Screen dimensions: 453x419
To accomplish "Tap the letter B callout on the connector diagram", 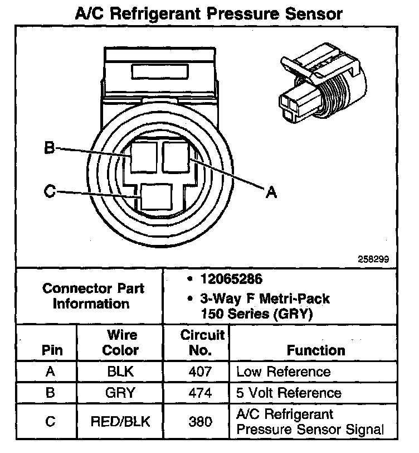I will (x=49, y=148).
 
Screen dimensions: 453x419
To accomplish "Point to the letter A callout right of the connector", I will (x=271, y=192).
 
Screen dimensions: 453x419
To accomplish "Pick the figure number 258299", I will (x=374, y=259).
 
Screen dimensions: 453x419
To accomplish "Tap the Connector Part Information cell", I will (x=93, y=296).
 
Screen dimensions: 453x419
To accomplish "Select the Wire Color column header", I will (x=121, y=343).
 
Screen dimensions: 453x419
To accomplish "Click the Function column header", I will (x=316, y=350).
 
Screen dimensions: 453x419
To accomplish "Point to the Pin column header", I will (x=52, y=350).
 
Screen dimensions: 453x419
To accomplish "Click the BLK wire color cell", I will (x=121, y=372).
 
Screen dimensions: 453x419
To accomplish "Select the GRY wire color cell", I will (x=121, y=393).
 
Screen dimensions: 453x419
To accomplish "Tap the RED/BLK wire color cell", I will (x=121, y=422).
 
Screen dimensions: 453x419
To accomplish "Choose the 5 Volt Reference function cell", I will (x=289, y=393).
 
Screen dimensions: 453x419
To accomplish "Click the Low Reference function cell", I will (x=284, y=372).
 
